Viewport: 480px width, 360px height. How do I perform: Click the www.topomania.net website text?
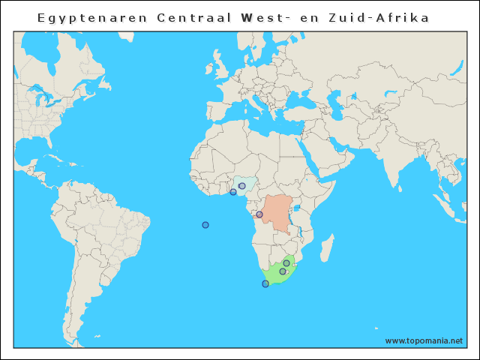[424, 340]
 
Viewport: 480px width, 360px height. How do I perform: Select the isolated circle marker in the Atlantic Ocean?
[205, 225]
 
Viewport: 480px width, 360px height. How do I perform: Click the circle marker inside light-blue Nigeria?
[242, 186]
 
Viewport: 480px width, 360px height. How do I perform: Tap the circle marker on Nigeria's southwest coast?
[233, 192]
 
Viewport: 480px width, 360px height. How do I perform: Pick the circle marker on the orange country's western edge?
[259, 214]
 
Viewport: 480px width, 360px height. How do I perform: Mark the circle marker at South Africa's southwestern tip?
[265, 283]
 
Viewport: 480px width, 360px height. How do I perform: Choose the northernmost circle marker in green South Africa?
[286, 263]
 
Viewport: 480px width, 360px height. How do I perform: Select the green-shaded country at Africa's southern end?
[277, 274]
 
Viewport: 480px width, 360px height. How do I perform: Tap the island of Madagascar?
[327, 247]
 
